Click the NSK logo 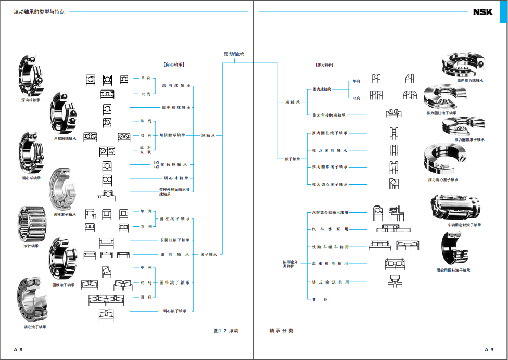tap(482, 12)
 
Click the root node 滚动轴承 tap(234, 54)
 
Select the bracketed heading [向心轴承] tap(173, 65)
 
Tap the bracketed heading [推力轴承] tap(324, 65)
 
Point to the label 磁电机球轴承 tap(175, 108)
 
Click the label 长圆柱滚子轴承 tap(175, 240)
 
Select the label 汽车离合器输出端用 tap(330, 213)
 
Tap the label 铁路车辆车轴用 tap(330, 247)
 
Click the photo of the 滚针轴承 tap(31, 224)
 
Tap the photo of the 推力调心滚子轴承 tap(442, 159)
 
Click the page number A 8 tap(18, 349)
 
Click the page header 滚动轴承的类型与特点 tap(39, 11)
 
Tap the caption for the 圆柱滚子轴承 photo tap(65, 214)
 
